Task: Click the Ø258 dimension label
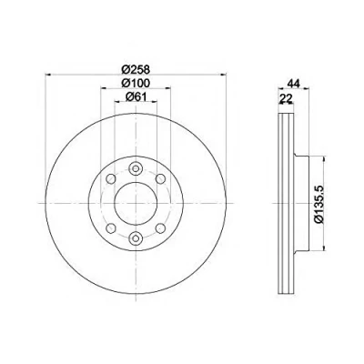pyautogui.click(x=136, y=70)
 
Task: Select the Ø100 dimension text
pyautogui.click(x=136, y=83)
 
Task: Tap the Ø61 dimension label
pyautogui.click(x=136, y=96)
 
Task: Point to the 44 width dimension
pyautogui.click(x=294, y=83)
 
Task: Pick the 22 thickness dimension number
pyautogui.click(x=286, y=97)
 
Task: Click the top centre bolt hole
pyautogui.click(x=136, y=168)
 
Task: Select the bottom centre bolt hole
pyautogui.click(x=136, y=238)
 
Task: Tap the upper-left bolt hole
pyautogui.click(x=111, y=179)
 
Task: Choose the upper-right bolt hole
pyautogui.click(x=160, y=179)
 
